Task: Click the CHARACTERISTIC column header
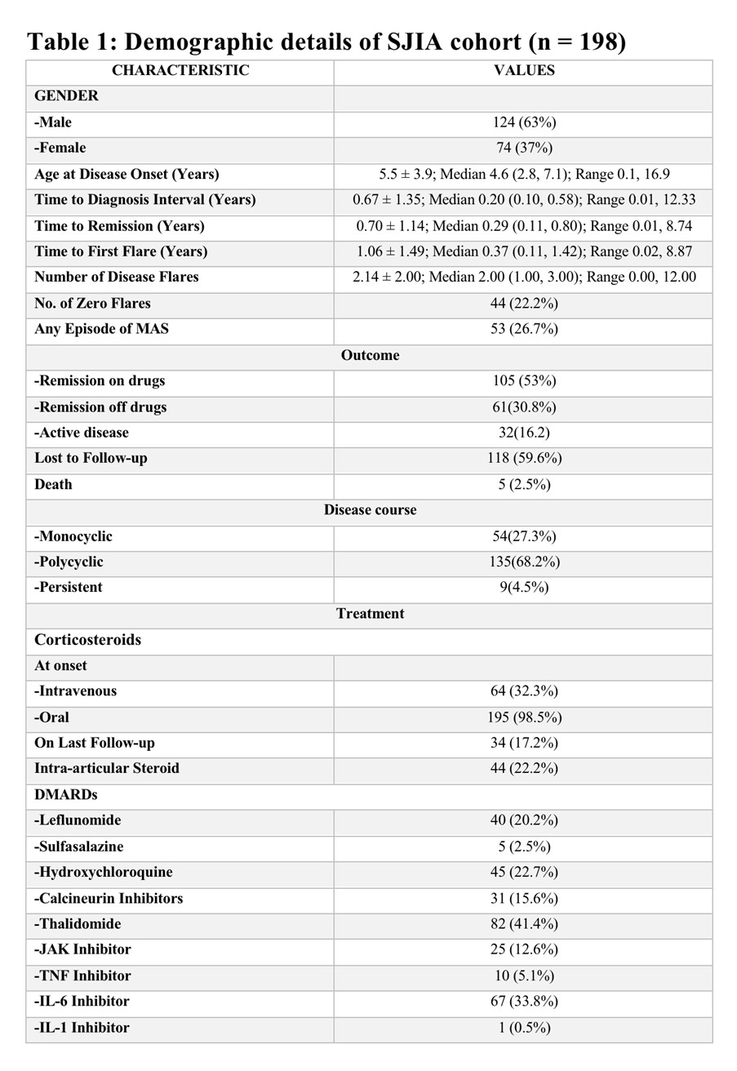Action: point(180,71)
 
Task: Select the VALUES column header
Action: point(524,71)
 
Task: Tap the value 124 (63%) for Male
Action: point(524,122)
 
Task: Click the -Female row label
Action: point(60,148)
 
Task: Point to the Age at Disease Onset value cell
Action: point(524,174)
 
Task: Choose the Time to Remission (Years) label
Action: point(119,226)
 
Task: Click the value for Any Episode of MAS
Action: point(524,329)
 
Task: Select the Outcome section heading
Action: point(370,355)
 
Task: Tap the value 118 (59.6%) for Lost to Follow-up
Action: point(524,458)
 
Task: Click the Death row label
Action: point(53,484)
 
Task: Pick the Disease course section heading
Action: point(370,510)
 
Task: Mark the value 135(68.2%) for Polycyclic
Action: point(524,562)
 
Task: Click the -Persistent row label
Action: point(69,587)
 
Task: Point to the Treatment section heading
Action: point(370,613)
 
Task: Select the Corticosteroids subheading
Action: point(87,639)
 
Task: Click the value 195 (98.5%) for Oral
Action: point(524,717)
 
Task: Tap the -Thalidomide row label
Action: point(78,924)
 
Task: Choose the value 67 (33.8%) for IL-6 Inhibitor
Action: point(524,1001)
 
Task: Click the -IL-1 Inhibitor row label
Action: point(82,1028)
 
